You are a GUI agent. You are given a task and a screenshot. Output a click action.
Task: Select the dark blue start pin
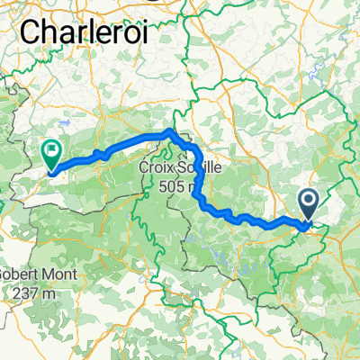[x=307, y=204]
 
